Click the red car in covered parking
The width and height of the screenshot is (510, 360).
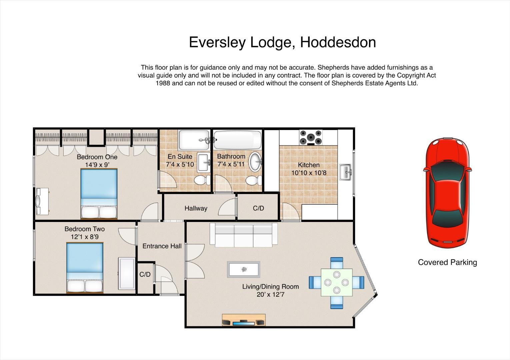tap(447, 193)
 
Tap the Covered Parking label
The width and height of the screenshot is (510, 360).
tap(447, 262)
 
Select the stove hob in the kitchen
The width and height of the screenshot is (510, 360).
tap(311, 137)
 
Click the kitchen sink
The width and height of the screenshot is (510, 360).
tap(346, 172)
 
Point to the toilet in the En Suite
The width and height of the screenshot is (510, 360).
tap(202, 180)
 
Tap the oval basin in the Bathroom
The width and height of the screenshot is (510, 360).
tap(256, 162)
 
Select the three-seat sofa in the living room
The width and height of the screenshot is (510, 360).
tap(243, 235)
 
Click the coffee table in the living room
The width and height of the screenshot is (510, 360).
tap(244, 269)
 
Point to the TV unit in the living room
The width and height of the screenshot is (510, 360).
tap(244, 320)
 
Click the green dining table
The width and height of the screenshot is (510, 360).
tap(337, 283)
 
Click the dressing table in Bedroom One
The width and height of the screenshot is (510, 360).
tap(42, 201)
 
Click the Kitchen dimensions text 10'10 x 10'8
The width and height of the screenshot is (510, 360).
tap(309, 173)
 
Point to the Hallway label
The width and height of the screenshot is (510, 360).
tap(196, 208)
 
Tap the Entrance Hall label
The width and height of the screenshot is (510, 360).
tap(162, 246)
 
